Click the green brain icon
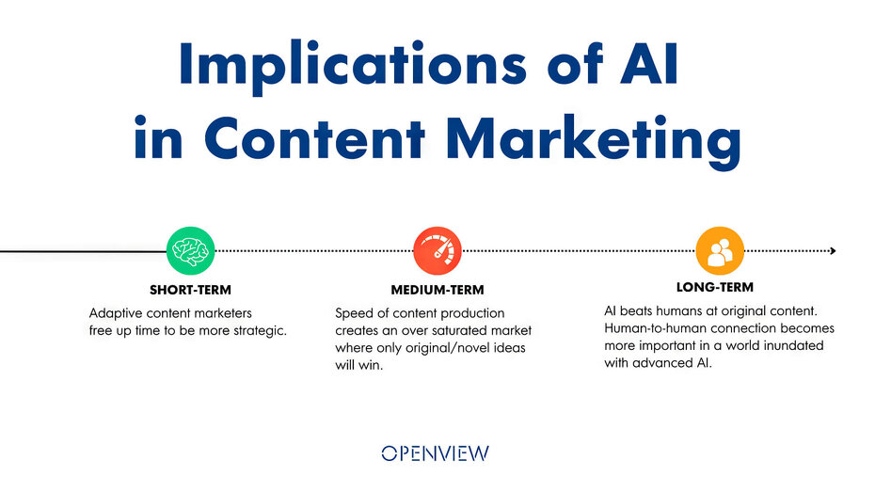point(190,250)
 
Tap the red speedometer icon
point(437,250)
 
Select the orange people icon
point(720,250)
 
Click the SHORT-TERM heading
point(190,290)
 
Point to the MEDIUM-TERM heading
point(437,290)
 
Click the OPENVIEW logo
point(436,453)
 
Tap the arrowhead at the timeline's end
point(832,250)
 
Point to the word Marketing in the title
point(593,138)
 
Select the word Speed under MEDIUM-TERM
point(354,313)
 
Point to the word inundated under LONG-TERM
point(793,345)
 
